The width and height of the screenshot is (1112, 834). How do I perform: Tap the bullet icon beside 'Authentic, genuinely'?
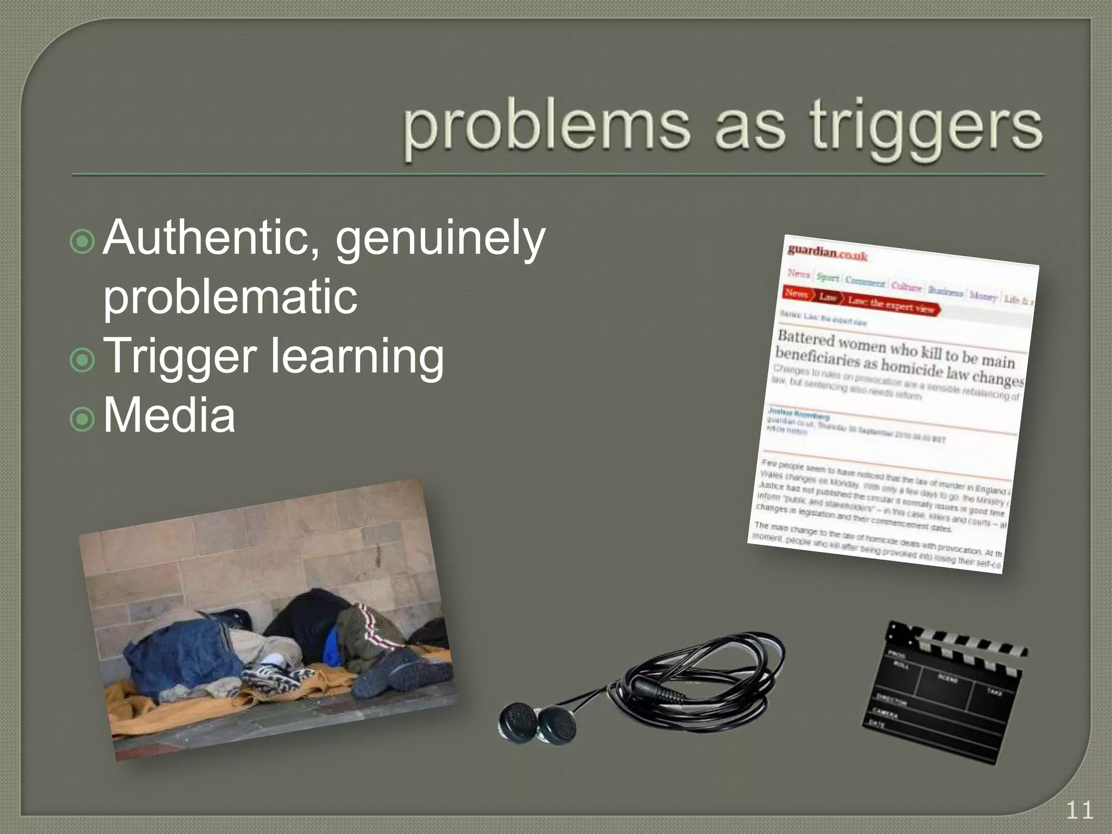point(83,241)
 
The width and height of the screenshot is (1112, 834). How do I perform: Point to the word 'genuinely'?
point(440,239)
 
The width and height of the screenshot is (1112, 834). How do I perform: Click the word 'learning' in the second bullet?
point(357,357)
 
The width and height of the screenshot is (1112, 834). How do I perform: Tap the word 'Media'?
point(169,416)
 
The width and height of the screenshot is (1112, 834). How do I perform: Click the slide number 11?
point(1079,811)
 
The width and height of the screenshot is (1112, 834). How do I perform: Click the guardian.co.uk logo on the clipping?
point(827,252)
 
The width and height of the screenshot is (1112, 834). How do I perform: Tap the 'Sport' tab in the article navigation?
point(827,277)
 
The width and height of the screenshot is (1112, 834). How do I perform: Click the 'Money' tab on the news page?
point(983,296)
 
